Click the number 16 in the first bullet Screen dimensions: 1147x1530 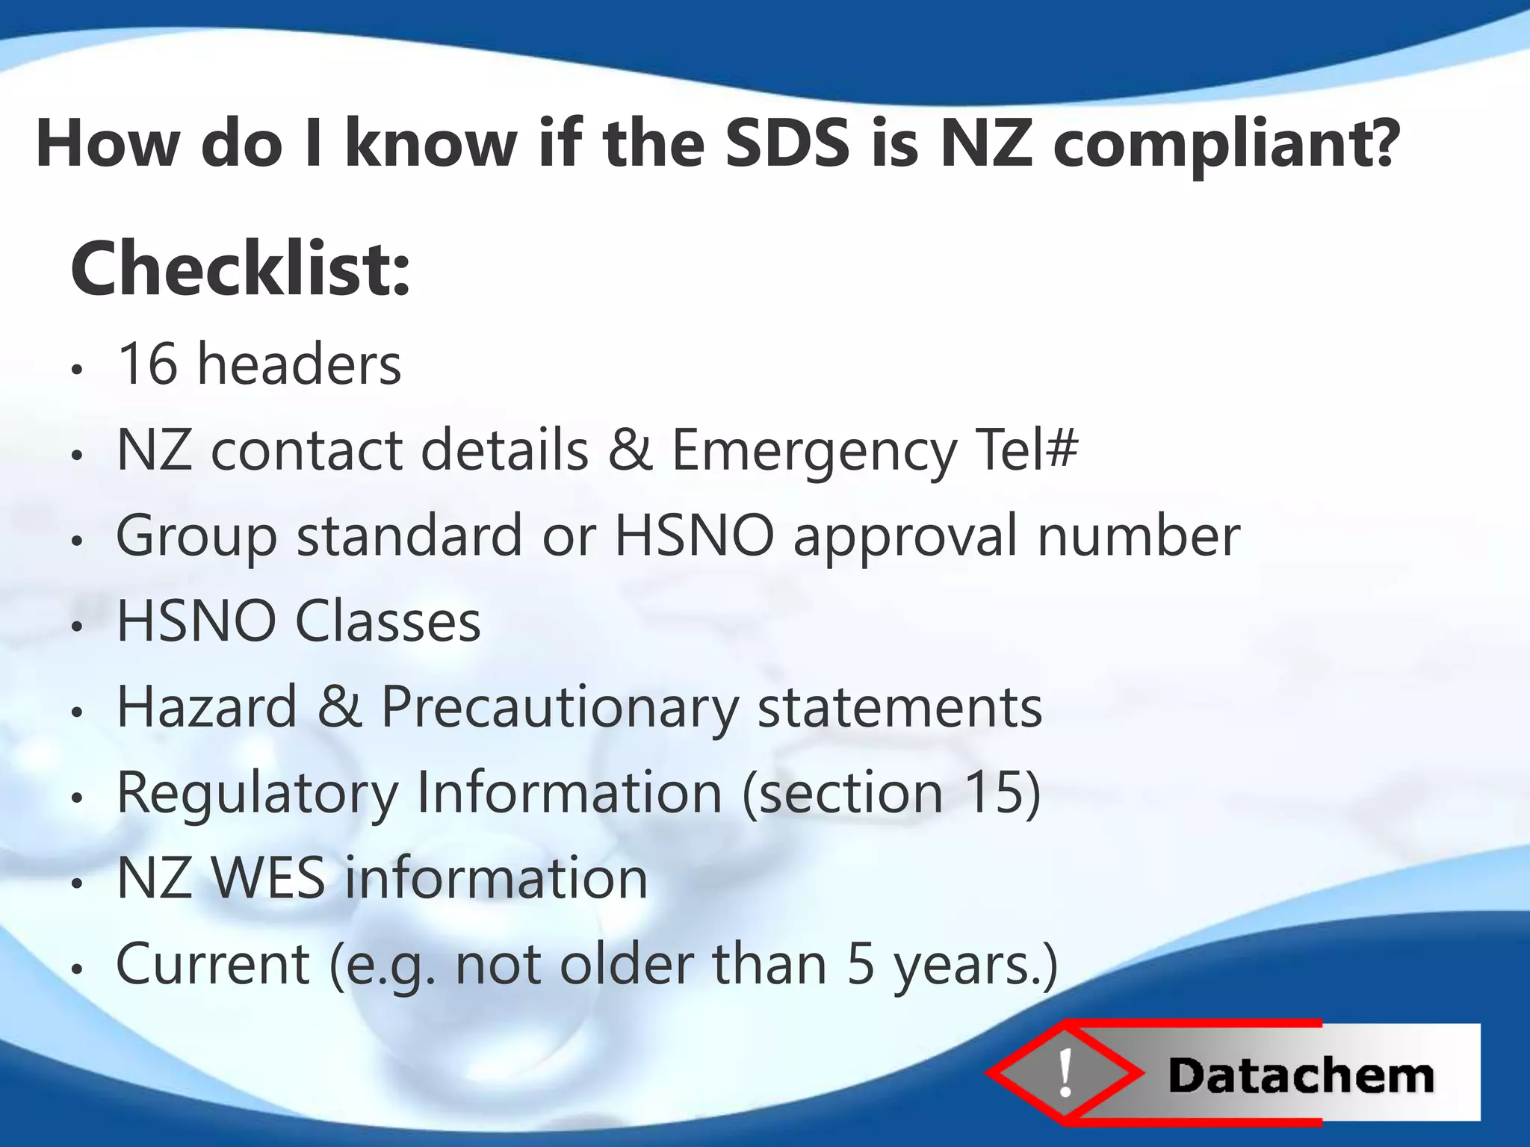[147, 364]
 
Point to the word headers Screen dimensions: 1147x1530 [299, 364]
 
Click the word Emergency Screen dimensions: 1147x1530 [814, 451]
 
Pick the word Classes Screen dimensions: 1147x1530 [388, 621]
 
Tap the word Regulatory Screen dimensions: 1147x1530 [257, 795]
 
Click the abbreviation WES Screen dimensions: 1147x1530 [268, 878]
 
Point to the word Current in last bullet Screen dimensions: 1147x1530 [213, 964]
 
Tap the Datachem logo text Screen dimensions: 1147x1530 [1301, 1076]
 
